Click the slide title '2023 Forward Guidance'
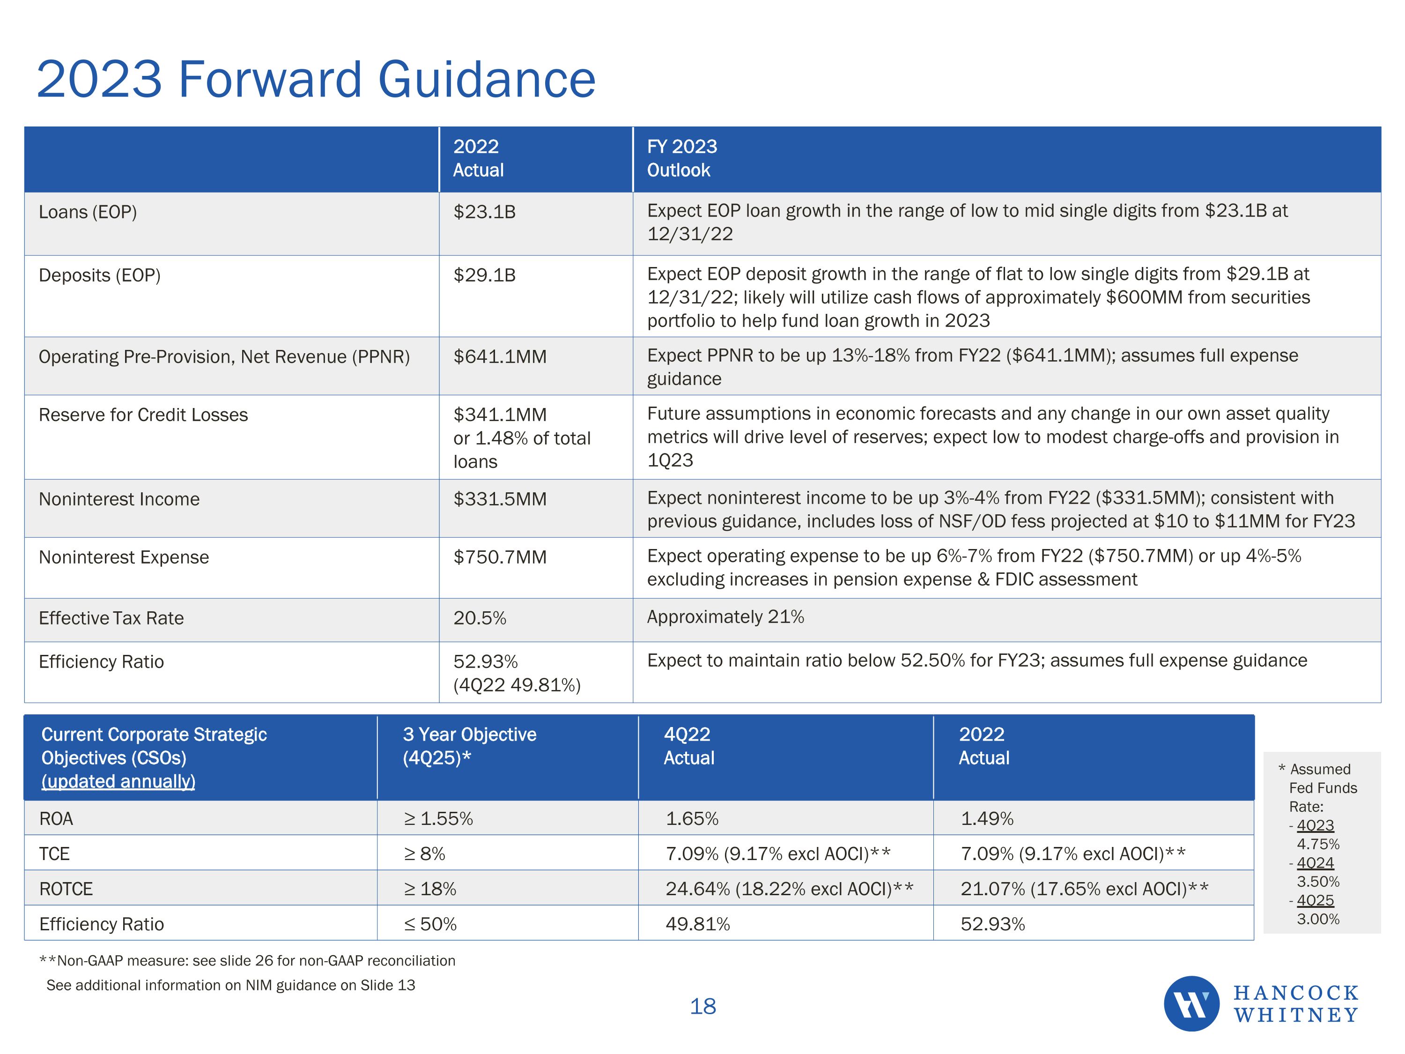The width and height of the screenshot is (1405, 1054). point(316,80)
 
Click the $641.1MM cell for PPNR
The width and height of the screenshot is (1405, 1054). point(499,357)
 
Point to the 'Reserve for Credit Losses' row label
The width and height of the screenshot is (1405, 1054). point(143,415)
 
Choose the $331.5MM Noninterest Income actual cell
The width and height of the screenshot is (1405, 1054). point(499,499)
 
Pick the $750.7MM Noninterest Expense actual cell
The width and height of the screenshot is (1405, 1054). point(499,557)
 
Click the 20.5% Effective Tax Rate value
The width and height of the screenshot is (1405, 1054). point(480,618)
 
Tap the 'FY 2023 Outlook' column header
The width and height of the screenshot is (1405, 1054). point(681,158)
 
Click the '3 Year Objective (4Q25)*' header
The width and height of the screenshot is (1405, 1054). point(469,746)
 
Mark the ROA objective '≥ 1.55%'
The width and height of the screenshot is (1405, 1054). point(438,819)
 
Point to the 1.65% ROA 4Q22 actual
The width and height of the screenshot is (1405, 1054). point(692,819)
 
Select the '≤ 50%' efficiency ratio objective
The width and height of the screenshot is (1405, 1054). point(430,924)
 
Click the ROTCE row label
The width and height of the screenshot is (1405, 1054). point(66,889)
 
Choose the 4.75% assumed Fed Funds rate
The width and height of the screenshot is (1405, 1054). point(1317,844)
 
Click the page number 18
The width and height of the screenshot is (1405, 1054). point(702,1006)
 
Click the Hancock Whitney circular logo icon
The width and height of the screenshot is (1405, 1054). point(1191,1004)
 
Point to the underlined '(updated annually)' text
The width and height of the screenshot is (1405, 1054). point(118,781)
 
